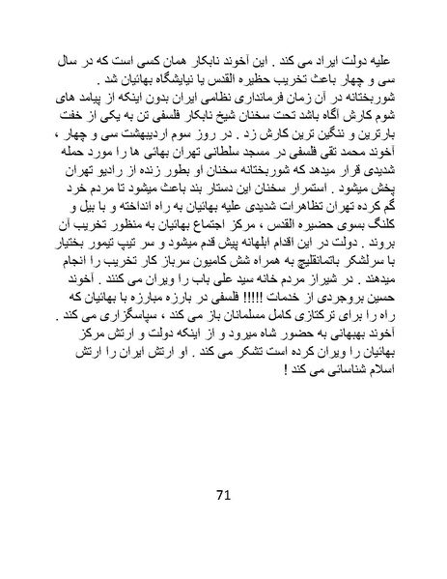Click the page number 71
click(223, 496)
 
